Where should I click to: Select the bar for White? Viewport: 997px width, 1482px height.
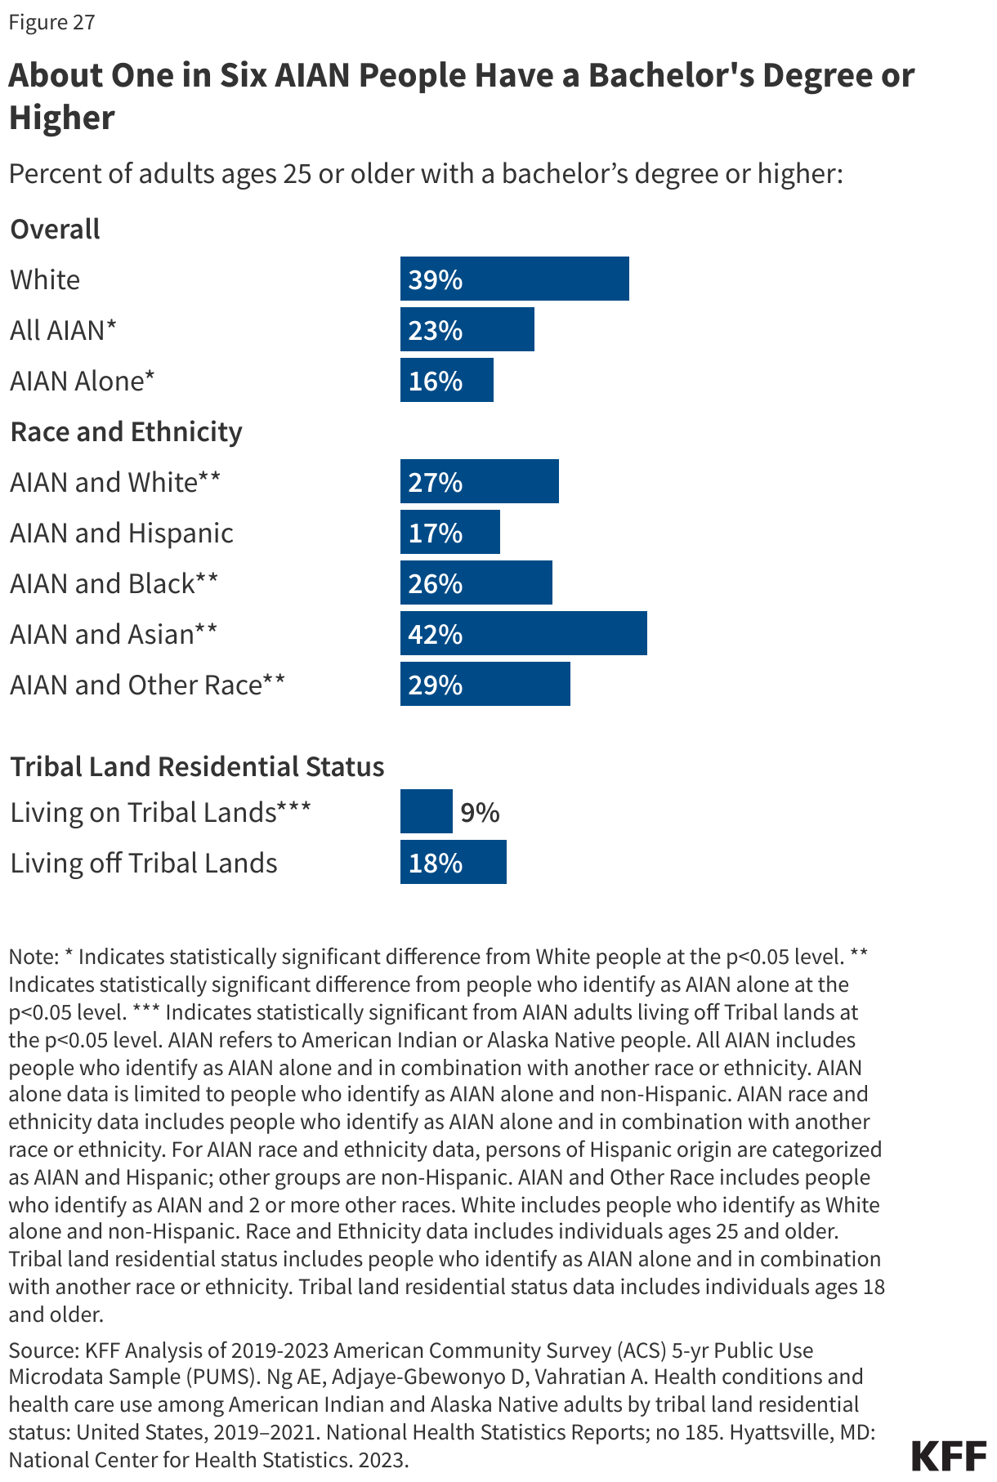[x=514, y=279]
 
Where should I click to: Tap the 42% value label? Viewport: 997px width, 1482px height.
[x=435, y=634]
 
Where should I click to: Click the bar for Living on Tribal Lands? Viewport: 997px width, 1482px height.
[x=426, y=811]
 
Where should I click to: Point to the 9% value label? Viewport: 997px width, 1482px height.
[x=480, y=812]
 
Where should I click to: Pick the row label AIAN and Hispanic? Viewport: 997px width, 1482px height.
[x=122, y=533]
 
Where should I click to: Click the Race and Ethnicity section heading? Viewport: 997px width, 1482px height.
[x=126, y=431]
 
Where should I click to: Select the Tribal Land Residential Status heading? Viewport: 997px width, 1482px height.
[x=197, y=766]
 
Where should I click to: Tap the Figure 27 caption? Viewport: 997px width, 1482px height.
[x=51, y=22]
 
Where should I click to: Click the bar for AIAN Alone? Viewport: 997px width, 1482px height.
[x=446, y=380]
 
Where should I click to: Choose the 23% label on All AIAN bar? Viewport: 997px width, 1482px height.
[x=435, y=330]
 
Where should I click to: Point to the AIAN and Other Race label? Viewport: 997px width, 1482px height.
[x=147, y=685]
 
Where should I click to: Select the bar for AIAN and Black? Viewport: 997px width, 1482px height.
[x=476, y=583]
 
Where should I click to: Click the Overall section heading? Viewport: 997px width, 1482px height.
[x=55, y=229]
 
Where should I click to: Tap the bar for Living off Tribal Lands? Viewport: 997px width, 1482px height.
[x=453, y=862]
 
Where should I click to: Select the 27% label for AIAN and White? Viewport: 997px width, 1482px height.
[x=435, y=482]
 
